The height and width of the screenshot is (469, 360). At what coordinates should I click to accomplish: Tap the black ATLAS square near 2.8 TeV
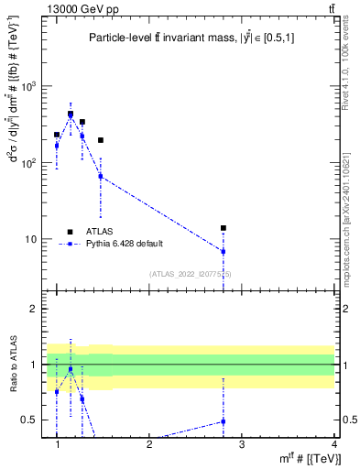223,228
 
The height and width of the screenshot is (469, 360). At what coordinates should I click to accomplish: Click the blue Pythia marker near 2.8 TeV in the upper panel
223,251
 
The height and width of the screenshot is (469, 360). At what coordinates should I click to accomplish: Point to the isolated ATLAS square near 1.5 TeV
101,140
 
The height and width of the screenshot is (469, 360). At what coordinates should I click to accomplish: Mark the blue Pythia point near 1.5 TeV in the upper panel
101,176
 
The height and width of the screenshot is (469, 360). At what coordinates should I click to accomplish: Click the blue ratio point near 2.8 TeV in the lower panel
223,421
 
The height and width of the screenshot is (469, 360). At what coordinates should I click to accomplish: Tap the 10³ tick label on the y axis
29,86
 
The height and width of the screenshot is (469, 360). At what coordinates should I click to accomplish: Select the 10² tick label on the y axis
29,163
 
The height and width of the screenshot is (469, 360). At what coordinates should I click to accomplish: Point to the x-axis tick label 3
242,444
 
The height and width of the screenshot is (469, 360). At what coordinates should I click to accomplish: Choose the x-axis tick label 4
334,444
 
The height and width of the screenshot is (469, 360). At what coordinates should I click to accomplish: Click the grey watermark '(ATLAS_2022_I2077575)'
191,274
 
